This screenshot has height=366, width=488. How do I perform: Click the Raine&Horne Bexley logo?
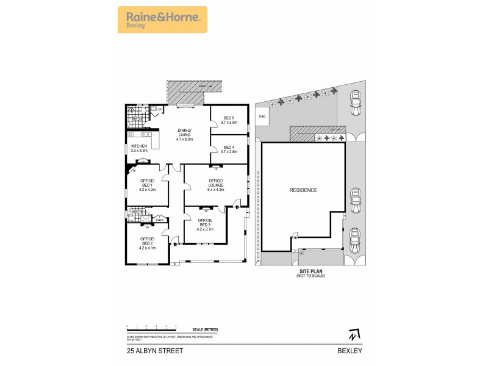click(162, 19)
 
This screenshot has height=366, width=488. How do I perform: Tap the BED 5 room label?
click(229, 120)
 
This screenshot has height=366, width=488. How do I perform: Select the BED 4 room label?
click(229, 149)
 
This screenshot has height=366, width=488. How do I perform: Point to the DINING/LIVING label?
click(184, 135)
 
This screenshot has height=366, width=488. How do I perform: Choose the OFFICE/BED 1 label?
click(148, 185)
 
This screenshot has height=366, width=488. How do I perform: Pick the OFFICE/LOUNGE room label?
click(216, 185)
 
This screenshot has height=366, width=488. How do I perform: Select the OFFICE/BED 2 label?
click(148, 243)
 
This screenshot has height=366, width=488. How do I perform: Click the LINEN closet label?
click(160, 220)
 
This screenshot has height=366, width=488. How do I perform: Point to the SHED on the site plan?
click(263, 116)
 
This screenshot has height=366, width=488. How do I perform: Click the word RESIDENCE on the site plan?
click(303, 190)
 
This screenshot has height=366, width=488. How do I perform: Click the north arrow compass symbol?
click(353, 335)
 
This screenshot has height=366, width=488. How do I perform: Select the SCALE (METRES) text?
click(204, 329)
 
